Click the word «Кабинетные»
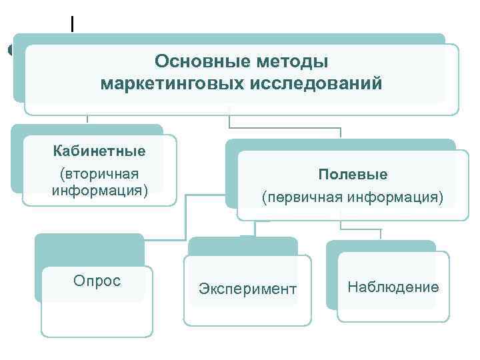[x=99, y=151]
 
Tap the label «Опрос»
[x=97, y=281]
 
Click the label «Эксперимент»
[x=247, y=289]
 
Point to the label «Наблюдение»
[x=393, y=287]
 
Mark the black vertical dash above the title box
[x=71, y=24]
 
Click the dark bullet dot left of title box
[x=9, y=50]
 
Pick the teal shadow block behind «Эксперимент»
[x=243, y=246]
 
